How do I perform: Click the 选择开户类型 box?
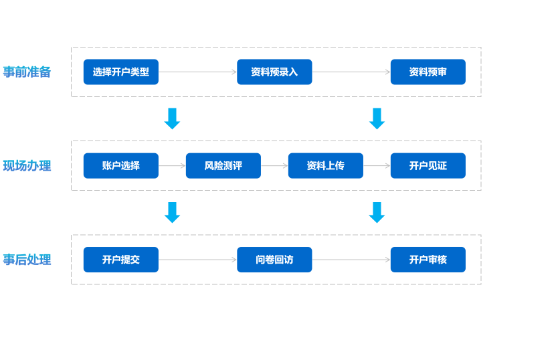point(121,72)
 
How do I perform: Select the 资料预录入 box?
point(274,72)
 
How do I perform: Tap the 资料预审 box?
point(428,72)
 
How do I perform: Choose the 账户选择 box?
point(121,166)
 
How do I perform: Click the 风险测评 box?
point(223,166)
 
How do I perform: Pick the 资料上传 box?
point(326,166)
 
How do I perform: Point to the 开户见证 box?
point(428,166)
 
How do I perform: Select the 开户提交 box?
point(121,260)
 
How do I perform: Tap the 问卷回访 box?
point(274,260)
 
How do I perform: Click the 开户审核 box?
point(428,260)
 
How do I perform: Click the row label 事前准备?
point(27,72)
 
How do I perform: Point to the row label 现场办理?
point(27,166)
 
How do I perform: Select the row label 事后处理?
point(27,260)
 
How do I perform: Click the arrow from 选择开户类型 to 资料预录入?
point(198,72)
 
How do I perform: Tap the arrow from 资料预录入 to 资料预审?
point(351,72)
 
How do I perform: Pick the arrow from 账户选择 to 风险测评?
point(172,166)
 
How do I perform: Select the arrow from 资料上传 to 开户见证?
point(377,166)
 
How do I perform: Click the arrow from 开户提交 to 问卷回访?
point(198,260)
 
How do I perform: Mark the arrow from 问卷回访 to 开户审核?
point(351,260)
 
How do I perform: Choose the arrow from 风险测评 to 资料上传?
point(274,166)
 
